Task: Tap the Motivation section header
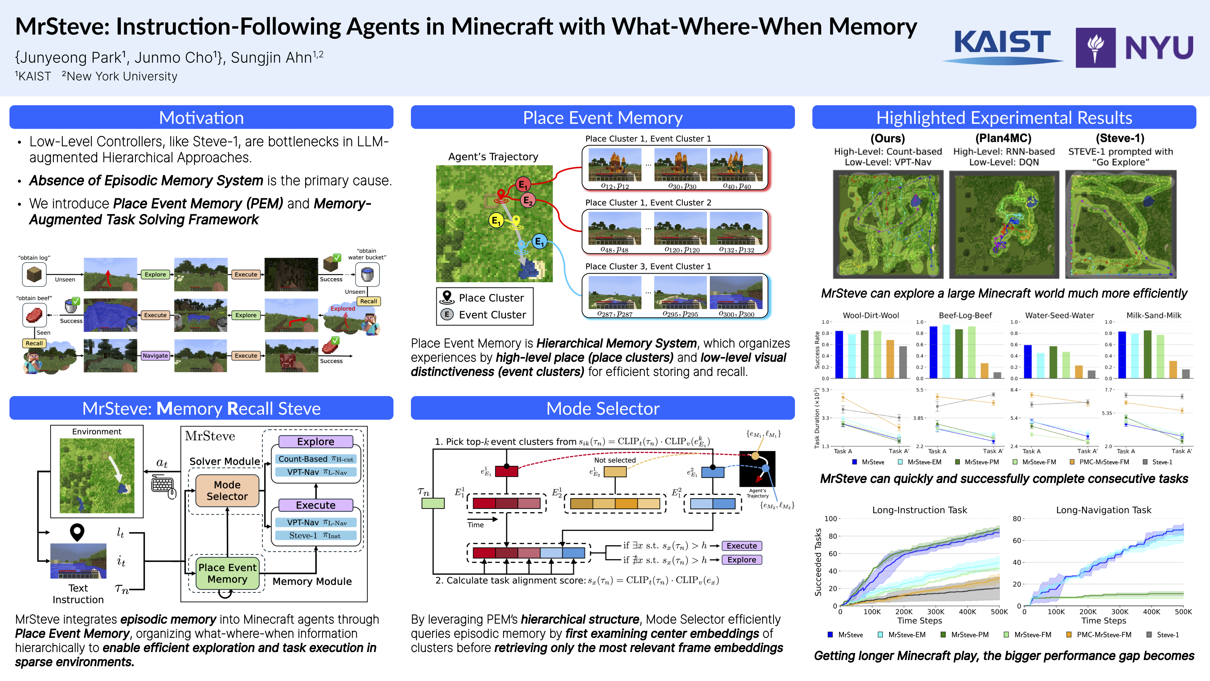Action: point(201,118)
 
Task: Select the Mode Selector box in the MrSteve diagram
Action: point(227,491)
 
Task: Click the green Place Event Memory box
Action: point(227,573)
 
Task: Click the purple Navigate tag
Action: point(155,356)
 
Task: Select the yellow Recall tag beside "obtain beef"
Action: point(34,343)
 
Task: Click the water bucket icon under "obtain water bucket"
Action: point(367,275)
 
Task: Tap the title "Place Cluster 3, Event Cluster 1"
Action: point(648,267)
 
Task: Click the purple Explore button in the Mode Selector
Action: point(742,560)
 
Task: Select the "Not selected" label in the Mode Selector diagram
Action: point(615,460)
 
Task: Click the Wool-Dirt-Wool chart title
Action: point(871,315)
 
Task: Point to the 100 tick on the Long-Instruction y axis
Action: point(830,519)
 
